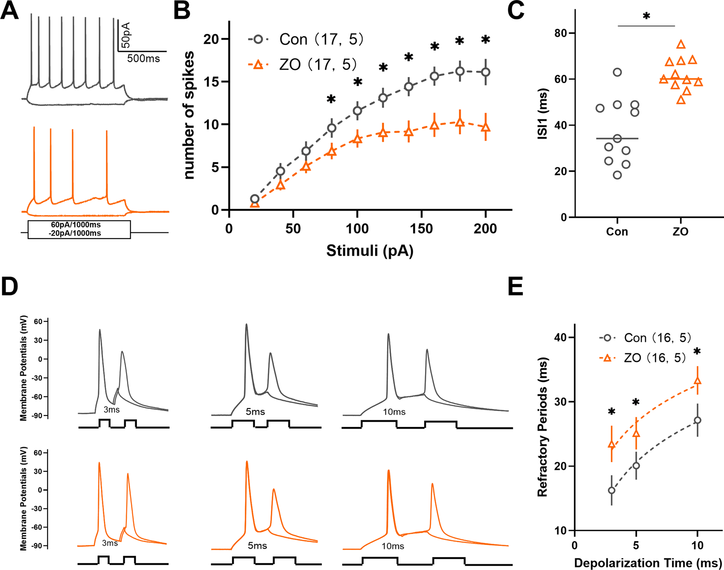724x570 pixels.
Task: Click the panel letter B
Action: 182,11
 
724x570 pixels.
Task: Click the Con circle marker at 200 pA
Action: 485,72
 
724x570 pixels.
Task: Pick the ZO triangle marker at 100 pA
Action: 357,139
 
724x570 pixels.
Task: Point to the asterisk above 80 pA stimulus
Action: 331,99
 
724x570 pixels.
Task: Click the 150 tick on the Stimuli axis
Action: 421,228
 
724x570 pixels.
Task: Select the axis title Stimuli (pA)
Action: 370,251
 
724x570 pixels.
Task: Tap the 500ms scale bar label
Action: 144,59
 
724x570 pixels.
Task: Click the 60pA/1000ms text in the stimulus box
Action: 75,225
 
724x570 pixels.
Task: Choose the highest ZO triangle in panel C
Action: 681,44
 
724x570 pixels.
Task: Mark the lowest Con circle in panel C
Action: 617,175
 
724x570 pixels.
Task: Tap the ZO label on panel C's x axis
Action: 680,232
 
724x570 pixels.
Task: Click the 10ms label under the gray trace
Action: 394,412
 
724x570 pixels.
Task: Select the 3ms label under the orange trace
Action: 110,543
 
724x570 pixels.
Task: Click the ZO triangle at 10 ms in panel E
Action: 697,381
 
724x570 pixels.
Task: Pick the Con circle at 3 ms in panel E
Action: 611,490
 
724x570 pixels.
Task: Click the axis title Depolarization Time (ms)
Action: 648,563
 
